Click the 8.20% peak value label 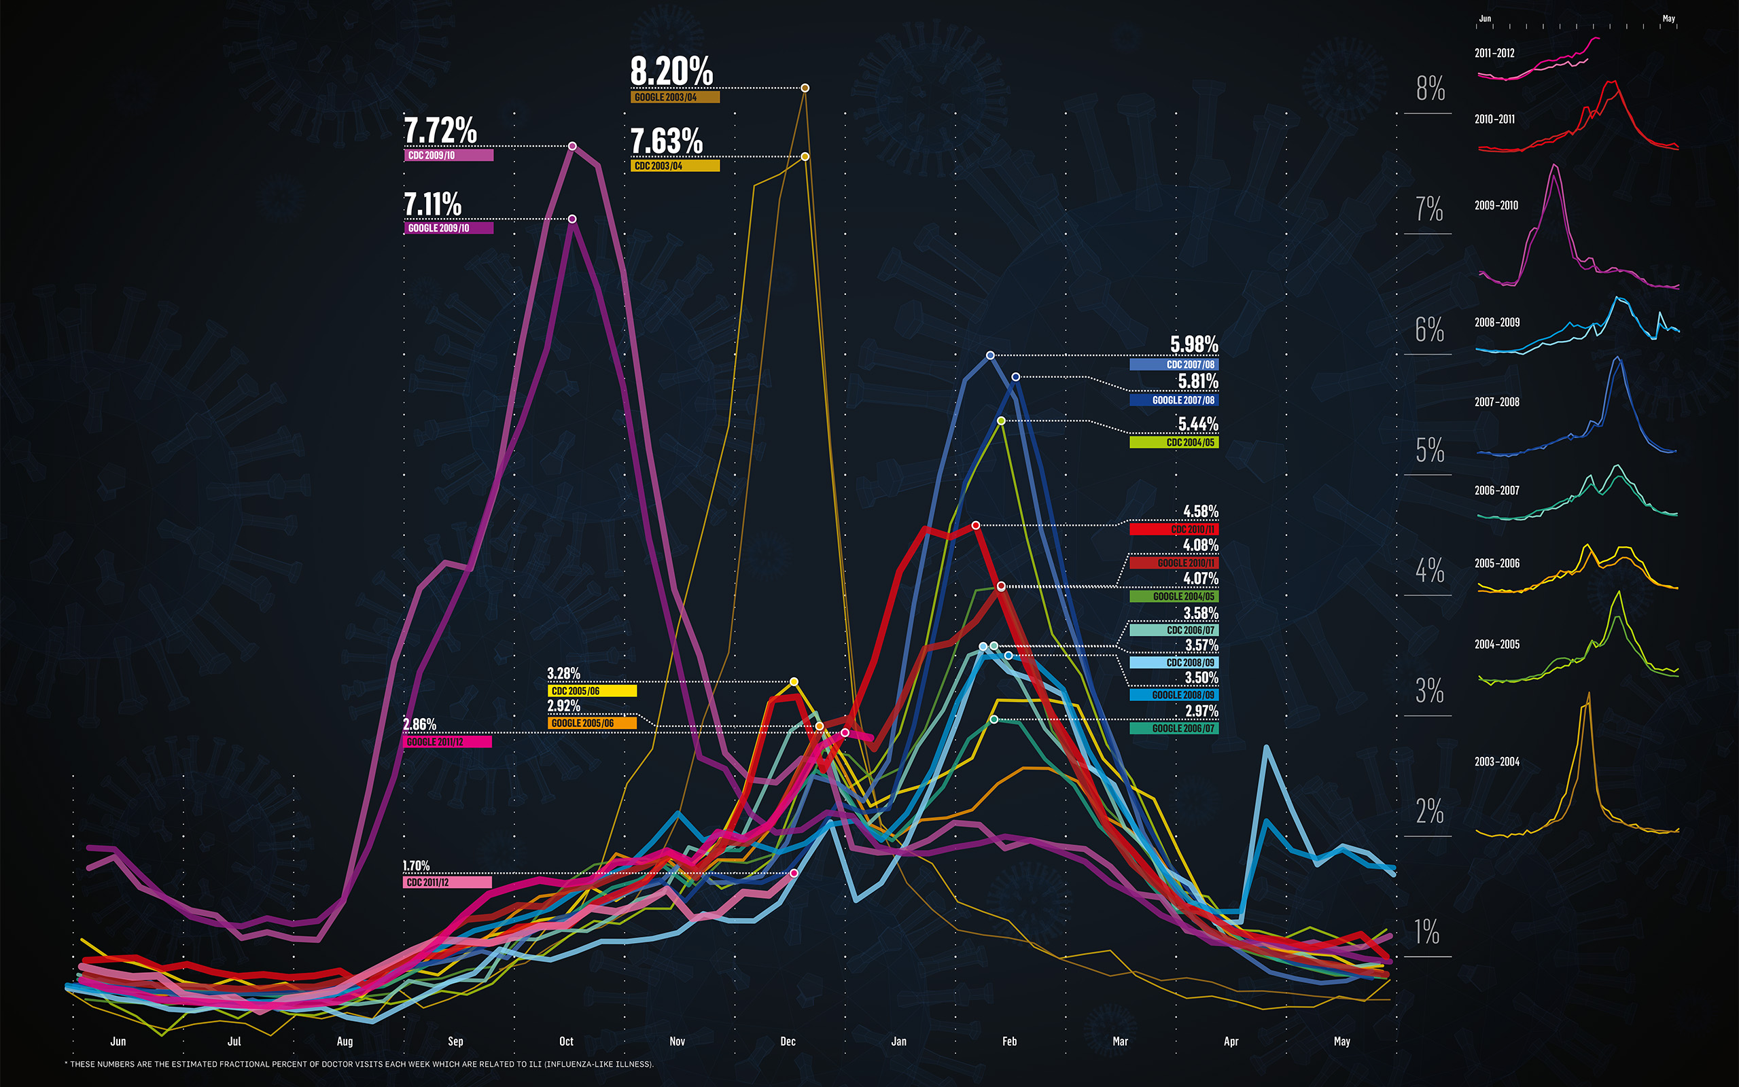[671, 72]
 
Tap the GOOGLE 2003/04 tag [674, 97]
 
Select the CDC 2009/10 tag [448, 156]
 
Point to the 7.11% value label [432, 204]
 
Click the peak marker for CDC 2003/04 [805, 156]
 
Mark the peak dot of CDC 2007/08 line [990, 355]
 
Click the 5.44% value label [1197, 424]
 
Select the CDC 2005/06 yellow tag [592, 691]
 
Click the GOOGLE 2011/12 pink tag [447, 742]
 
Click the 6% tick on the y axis [1429, 330]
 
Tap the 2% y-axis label [1429, 812]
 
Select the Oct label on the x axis [566, 1041]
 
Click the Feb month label [1008, 1041]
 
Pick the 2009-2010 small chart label [1496, 206]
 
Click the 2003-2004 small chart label [1496, 762]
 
